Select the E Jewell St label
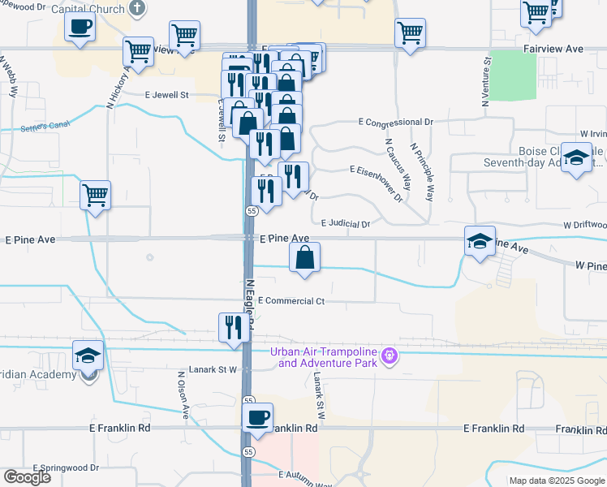click(x=166, y=95)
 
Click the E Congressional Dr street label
click(x=398, y=122)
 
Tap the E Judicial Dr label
click(x=346, y=223)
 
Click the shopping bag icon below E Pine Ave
click(x=304, y=259)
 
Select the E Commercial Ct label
click(x=292, y=301)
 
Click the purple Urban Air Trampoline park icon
click(x=390, y=355)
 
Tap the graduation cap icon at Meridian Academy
click(x=88, y=355)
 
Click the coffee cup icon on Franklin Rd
click(x=258, y=418)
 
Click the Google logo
click(x=28, y=477)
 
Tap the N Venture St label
click(x=487, y=81)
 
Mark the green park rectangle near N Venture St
click(x=513, y=74)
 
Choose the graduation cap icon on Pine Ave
click(x=480, y=240)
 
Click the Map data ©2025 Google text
click(x=556, y=481)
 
